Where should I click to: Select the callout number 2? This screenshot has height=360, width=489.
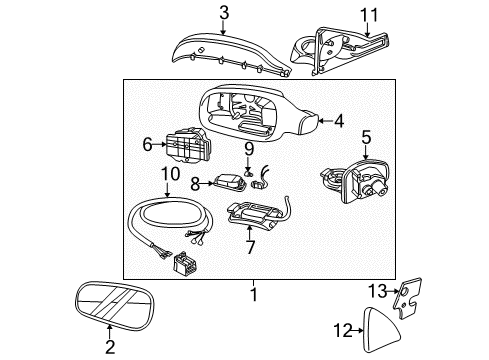111,347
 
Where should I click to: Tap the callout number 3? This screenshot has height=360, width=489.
225,13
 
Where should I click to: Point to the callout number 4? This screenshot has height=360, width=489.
339,121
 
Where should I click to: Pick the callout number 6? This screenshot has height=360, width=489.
147,145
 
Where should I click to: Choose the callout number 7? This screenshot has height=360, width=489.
250,245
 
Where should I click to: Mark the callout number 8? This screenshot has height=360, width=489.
196,184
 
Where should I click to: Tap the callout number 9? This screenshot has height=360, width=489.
250,149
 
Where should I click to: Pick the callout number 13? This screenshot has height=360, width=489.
376,291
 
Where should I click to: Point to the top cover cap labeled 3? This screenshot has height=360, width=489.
225,50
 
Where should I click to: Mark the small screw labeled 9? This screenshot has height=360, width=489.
249,166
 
